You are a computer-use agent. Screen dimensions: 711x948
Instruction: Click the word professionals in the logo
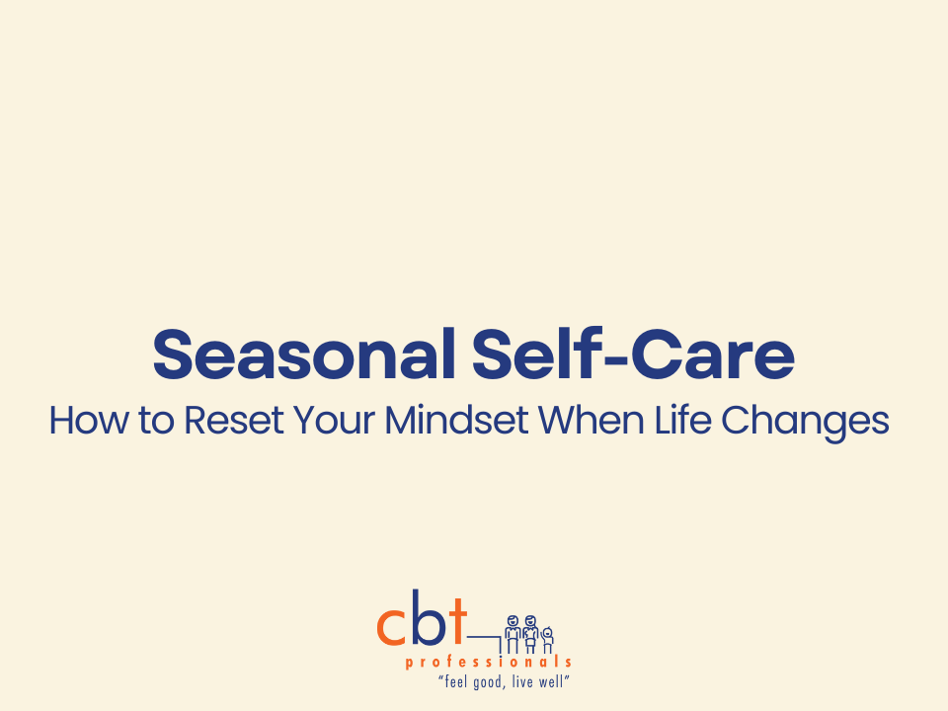coord(488,662)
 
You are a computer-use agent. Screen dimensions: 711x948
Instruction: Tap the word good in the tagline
coord(488,682)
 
